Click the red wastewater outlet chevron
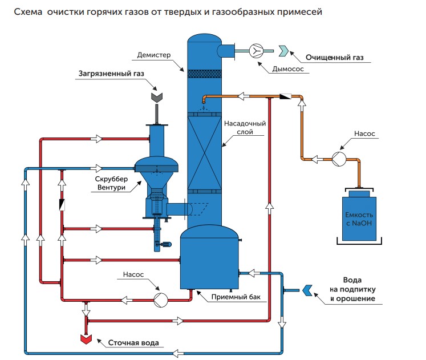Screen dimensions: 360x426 86,338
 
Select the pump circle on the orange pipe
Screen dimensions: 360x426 337,159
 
